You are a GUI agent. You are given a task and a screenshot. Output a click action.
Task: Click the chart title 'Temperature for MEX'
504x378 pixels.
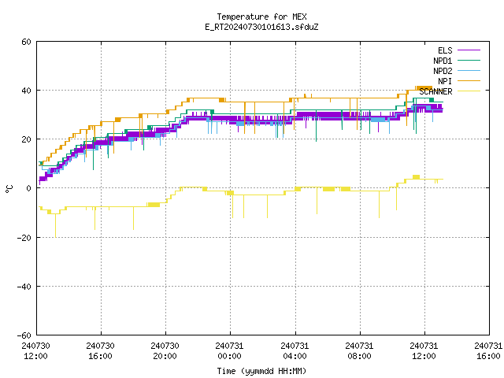261,17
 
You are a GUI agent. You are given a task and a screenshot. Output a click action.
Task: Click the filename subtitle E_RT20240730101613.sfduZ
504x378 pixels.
261,27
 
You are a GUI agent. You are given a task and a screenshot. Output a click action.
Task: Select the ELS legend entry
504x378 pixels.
445,50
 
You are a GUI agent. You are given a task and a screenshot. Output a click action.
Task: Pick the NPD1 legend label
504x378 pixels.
443,61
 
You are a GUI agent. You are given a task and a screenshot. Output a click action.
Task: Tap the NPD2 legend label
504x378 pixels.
443,71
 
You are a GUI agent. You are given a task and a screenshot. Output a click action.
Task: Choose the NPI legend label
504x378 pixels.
445,81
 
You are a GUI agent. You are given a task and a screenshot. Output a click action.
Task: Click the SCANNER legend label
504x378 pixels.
435,91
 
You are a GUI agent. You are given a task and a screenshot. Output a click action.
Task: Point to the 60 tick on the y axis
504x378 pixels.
26,42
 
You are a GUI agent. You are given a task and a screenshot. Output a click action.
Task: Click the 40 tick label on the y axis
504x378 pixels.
26,91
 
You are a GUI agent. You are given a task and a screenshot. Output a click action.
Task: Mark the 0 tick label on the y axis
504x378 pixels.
29,188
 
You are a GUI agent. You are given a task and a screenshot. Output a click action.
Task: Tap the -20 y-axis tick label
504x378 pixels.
24,238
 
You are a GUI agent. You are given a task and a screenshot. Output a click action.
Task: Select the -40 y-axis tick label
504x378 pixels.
24,287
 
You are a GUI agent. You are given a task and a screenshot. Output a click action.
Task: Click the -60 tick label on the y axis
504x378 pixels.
24,335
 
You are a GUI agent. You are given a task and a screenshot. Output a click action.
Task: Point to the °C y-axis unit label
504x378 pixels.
9,189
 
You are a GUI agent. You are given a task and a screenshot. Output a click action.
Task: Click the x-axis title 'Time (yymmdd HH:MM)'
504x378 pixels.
261,371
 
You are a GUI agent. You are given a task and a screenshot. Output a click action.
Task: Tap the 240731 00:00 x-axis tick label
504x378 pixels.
229,351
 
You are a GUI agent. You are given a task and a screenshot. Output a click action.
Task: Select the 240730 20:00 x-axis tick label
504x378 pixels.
165,351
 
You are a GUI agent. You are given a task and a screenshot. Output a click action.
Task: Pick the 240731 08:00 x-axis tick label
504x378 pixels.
359,351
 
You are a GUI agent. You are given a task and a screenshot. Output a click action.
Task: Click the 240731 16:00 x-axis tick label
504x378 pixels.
488,351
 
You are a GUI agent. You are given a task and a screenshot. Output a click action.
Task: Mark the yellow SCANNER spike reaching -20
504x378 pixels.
56,226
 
